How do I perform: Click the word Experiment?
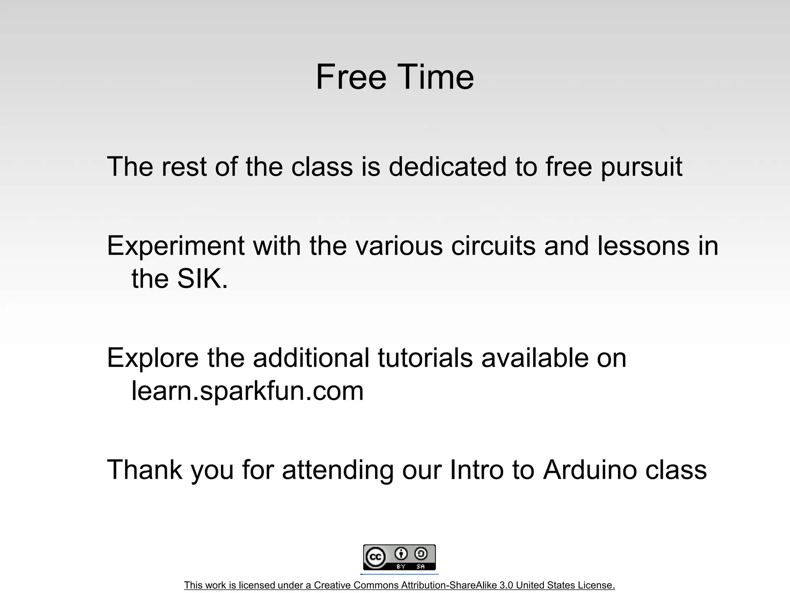tap(176, 246)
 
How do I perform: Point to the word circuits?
tap(493, 246)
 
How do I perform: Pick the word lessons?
tap(643, 246)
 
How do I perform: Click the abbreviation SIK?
tap(202, 278)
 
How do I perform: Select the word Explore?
tap(153, 358)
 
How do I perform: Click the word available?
tap(535, 357)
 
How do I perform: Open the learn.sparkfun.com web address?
tap(247, 391)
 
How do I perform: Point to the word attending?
tap(338, 470)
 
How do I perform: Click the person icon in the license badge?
tap(401, 554)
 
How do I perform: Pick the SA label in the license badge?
tap(420, 566)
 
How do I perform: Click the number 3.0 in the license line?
tap(506, 585)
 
